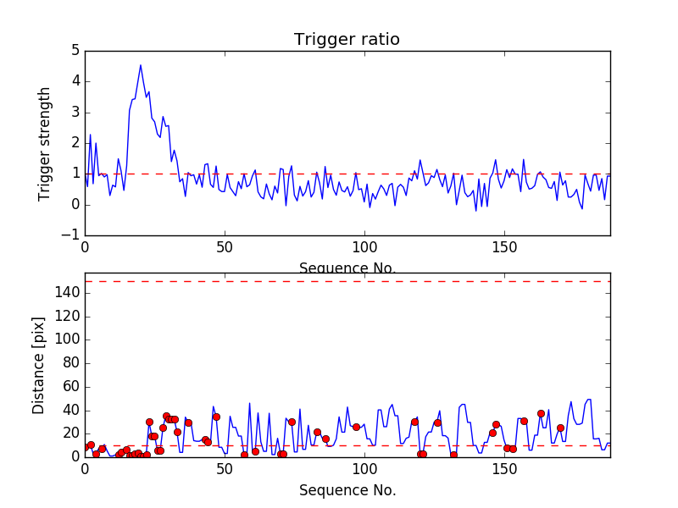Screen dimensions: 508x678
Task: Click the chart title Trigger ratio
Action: [x=347, y=40]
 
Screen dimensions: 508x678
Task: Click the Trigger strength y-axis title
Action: [x=45, y=143]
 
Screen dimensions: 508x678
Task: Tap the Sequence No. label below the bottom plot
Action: [x=347, y=490]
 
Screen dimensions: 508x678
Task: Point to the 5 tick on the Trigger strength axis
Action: [x=75, y=51]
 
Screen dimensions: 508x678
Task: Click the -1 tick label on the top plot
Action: [x=72, y=235]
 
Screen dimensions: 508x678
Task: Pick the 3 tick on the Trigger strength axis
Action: [x=75, y=112]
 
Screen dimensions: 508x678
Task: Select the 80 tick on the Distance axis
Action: [x=71, y=363]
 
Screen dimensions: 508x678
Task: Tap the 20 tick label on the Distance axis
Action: [x=71, y=433]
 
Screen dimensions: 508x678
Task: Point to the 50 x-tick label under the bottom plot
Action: [x=225, y=470]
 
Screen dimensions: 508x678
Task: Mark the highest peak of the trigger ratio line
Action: [x=141, y=65]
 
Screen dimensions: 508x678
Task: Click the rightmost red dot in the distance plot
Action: [x=560, y=428]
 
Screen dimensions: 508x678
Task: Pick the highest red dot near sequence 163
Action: [x=541, y=413]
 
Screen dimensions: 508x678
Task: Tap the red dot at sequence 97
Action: [x=356, y=427]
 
